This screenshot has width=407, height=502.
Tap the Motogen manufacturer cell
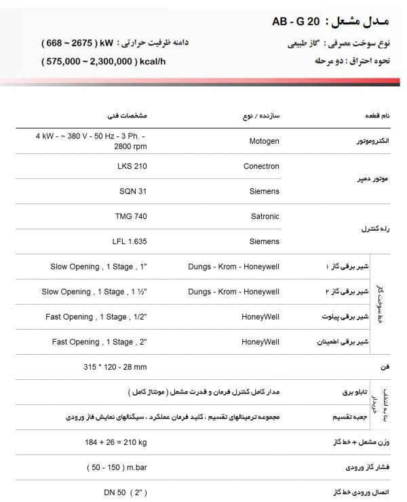click(x=260, y=141)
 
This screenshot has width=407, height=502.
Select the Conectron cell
click(x=260, y=166)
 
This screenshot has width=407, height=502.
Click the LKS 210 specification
click(x=132, y=166)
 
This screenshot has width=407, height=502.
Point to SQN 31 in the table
click(x=132, y=191)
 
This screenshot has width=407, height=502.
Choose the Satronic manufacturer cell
click(x=263, y=216)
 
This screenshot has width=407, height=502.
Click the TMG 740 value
click(x=131, y=216)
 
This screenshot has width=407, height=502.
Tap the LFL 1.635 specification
click(x=129, y=242)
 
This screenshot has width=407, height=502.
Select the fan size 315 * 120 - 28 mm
click(x=115, y=367)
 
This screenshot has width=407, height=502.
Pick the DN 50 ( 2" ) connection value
click(x=123, y=493)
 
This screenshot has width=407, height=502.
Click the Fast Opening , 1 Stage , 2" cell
click(x=100, y=342)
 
